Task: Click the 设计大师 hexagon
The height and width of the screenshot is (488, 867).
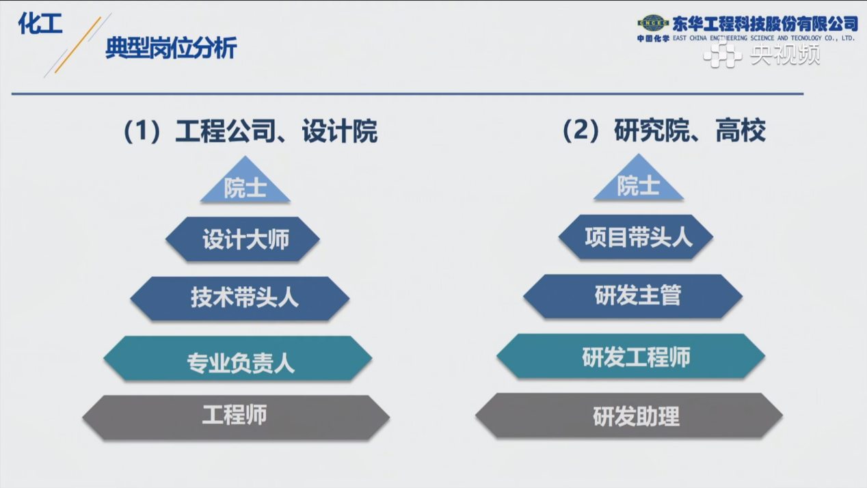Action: [243, 239]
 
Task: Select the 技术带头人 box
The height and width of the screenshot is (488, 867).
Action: [240, 299]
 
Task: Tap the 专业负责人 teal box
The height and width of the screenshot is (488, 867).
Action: [238, 358]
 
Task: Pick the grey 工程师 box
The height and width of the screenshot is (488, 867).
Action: [236, 418]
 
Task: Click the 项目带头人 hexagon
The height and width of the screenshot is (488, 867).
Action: [636, 237]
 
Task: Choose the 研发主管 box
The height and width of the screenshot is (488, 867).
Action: [633, 297]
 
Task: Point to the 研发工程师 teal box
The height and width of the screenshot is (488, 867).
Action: [631, 356]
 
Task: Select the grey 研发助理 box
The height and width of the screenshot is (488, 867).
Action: [629, 416]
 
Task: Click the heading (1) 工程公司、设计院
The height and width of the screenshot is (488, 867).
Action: [250, 131]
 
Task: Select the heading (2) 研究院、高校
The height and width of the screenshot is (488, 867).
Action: [664, 131]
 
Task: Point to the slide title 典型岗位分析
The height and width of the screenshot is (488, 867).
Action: [171, 48]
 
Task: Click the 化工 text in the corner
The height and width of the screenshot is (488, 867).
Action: [40, 23]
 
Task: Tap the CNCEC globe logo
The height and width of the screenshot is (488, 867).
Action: [653, 23]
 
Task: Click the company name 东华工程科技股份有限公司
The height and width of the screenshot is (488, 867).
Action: [765, 24]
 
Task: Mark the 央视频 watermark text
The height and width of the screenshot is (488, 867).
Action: [785, 54]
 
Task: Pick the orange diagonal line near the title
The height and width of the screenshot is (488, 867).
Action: [78, 45]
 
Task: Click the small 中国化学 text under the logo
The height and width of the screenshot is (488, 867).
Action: [653, 38]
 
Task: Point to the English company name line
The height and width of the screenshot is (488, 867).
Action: [764, 38]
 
